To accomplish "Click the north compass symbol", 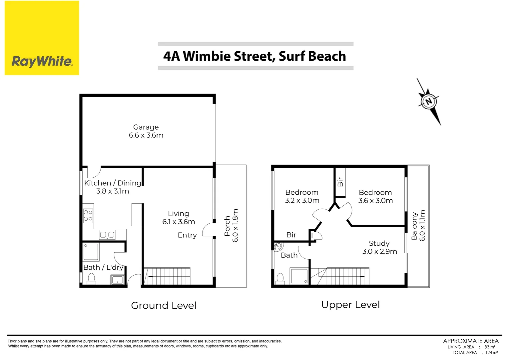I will pyautogui.click(x=429, y=101).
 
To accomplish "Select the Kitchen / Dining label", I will pyautogui.click(x=113, y=183).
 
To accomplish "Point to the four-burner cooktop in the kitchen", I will pyautogui.click(x=88, y=215).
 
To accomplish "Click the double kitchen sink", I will pyautogui.click(x=107, y=235).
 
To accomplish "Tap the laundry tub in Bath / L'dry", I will pyautogui.click(x=118, y=280).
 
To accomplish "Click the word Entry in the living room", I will pyautogui.click(x=187, y=235).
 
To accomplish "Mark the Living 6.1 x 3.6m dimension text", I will pyautogui.click(x=179, y=222).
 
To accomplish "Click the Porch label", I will pyautogui.click(x=228, y=226).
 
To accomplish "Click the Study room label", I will pyautogui.click(x=379, y=243).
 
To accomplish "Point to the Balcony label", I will pyautogui.click(x=414, y=226).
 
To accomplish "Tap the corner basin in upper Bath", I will pyautogui.click(x=278, y=247).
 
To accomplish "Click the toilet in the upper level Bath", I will pyautogui.click(x=280, y=278).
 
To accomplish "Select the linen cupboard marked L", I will pyautogui.click(x=313, y=236).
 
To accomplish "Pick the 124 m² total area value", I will pyautogui.click(x=491, y=353).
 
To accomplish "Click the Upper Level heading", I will pyautogui.click(x=350, y=305).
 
